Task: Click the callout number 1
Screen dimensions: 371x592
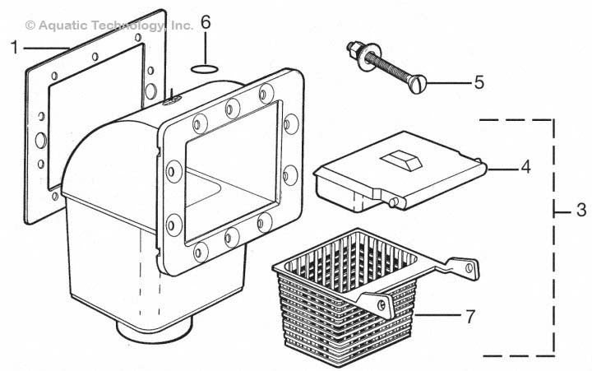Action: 14,48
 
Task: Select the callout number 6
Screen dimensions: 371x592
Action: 206,22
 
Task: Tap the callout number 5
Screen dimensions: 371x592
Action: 479,82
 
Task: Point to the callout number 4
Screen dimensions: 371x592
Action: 526,167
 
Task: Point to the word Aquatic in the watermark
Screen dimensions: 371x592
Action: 62,26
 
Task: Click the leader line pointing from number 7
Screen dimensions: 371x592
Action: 439,313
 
